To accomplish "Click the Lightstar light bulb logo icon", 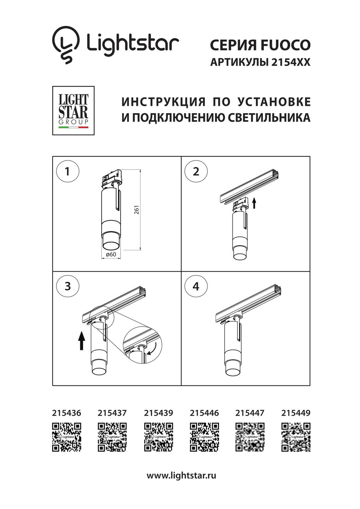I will (x=66, y=44).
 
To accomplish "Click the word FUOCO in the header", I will (x=285, y=45).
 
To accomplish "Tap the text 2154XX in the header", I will (x=290, y=62).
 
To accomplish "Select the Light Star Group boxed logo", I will (x=73, y=111).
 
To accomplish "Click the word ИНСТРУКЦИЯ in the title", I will (x=163, y=102).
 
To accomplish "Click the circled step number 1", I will (x=67, y=171).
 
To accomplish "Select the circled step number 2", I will (x=195, y=171).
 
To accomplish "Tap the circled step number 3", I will (x=67, y=286).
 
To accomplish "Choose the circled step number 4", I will (x=195, y=286).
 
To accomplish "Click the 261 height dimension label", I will (x=137, y=210).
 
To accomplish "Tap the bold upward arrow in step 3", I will (x=82, y=341).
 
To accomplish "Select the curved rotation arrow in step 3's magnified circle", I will (x=153, y=349).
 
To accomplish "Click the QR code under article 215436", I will (x=67, y=437).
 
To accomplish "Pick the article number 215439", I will (x=158, y=413).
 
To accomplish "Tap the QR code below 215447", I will (x=250, y=437).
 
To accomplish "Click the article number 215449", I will (x=296, y=413).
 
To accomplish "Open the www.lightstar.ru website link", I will (x=181, y=475).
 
